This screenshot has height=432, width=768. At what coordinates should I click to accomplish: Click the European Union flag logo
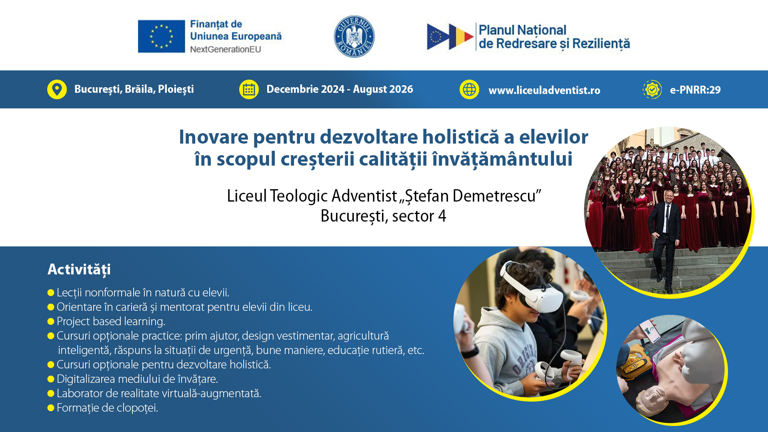[x=161, y=36]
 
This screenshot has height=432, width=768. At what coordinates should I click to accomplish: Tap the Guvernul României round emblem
[x=354, y=36]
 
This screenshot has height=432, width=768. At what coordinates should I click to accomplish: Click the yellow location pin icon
[x=57, y=89]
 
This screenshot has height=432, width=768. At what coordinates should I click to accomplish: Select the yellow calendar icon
[x=249, y=89]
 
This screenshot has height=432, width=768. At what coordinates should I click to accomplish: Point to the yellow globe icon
[x=469, y=89]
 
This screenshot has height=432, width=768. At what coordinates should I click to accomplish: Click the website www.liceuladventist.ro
[x=544, y=90]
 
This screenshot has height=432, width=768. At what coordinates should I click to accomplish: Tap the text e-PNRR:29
[x=695, y=90]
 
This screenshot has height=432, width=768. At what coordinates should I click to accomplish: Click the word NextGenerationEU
[x=226, y=49]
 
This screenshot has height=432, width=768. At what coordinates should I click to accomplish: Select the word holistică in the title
[x=461, y=137]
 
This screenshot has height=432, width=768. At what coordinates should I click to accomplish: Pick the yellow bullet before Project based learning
[x=51, y=321]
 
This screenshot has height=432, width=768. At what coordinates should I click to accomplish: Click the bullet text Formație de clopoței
[x=108, y=408]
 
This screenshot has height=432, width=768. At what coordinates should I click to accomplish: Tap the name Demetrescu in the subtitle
[x=494, y=196]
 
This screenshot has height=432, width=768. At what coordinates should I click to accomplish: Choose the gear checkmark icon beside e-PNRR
[x=652, y=89]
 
